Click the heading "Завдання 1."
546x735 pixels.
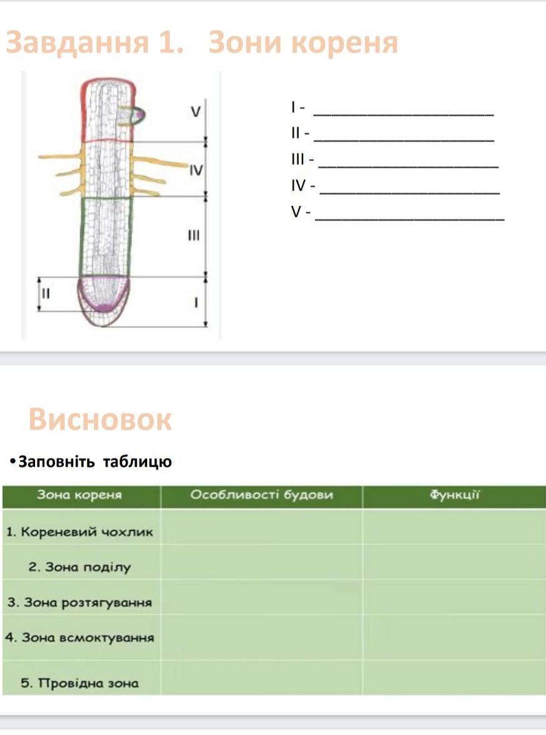pos(94,43)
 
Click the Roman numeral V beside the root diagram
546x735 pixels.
pos(196,112)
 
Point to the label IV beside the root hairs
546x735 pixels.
pos(196,170)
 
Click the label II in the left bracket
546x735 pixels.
pos(45,293)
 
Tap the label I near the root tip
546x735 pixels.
pos(195,303)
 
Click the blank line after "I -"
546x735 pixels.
pos(403,114)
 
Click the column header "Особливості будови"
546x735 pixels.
pos(261,495)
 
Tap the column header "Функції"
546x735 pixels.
pos(454,495)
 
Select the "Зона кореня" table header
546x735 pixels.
pos(80,495)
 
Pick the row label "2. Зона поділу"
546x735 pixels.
pos(80,568)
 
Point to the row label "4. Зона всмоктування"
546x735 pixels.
pos(80,638)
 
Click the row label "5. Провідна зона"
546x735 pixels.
pos(80,683)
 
